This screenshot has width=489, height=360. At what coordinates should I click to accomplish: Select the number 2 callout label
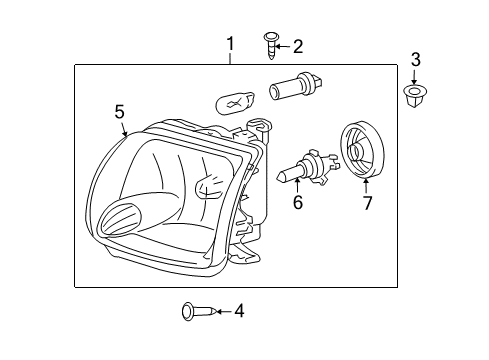point(296,45)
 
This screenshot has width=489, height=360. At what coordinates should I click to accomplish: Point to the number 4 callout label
point(238,311)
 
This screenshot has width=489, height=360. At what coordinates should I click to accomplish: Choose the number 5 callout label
point(119,112)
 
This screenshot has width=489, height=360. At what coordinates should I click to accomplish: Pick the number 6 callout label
point(296,203)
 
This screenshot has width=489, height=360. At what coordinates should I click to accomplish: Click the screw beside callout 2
point(270,43)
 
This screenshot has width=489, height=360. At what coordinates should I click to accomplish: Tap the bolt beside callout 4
point(193,311)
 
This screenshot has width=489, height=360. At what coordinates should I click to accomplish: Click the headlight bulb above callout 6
point(304,172)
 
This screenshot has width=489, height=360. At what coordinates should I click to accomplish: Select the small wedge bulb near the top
point(234,100)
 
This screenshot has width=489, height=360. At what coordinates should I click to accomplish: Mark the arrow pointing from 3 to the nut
point(415,76)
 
